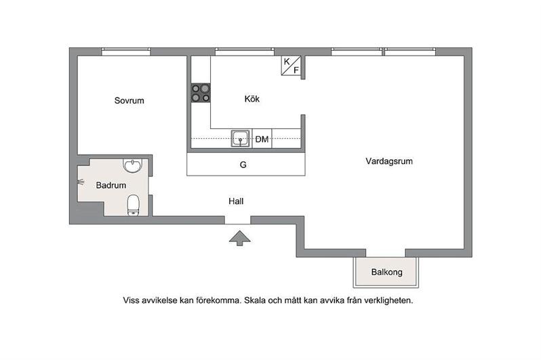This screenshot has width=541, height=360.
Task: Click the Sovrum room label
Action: (x=129, y=100)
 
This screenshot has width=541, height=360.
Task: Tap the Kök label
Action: (x=252, y=99)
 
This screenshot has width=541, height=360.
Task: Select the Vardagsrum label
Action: (x=389, y=161)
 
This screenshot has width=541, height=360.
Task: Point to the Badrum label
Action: (x=111, y=185)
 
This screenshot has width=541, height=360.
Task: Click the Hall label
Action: (x=236, y=201)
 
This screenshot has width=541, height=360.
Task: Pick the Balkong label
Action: (x=387, y=272)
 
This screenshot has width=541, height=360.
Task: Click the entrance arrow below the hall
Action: (x=240, y=239)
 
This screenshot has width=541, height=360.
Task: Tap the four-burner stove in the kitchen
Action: (x=201, y=93)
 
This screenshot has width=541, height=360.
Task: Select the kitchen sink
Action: (x=241, y=139)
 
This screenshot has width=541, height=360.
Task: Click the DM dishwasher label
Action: (x=262, y=140)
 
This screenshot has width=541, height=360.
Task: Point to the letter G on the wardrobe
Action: (x=243, y=165)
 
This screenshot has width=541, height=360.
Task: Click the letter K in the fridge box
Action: (x=287, y=62)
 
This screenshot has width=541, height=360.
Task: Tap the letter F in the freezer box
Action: (x=296, y=71)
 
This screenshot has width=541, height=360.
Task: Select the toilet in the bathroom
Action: (x=133, y=205)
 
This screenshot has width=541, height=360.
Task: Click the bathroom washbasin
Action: (x=132, y=165)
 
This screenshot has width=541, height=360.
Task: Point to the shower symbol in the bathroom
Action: (x=81, y=182)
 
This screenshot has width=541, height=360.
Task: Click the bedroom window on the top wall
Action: (x=126, y=52)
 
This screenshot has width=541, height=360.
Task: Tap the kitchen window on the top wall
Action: (x=245, y=52)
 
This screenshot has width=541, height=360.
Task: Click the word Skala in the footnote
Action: (x=255, y=300)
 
